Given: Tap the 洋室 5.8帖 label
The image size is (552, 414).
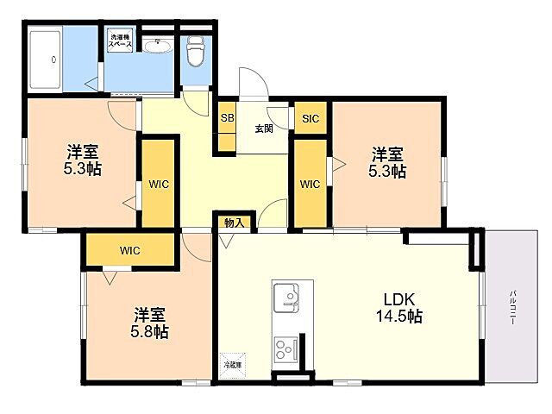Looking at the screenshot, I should click(150, 323).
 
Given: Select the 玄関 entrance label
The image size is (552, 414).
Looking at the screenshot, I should click(264, 129).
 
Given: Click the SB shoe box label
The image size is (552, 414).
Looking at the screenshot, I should click(227, 118).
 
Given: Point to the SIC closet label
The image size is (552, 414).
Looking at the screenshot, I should click(310, 118).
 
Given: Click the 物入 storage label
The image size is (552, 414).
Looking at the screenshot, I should click(234, 222).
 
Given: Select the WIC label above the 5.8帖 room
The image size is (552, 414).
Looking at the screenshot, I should click(129, 251).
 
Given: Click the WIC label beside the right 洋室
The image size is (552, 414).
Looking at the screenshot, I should click(310, 184).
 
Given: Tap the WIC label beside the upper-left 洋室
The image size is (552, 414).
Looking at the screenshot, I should click(158, 184).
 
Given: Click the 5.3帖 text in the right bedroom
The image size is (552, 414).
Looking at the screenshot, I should click(388, 171).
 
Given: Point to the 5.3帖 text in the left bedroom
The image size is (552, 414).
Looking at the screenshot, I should click(83, 169).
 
